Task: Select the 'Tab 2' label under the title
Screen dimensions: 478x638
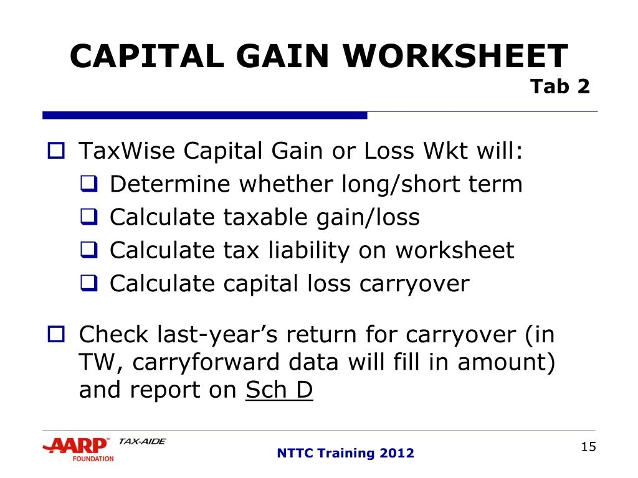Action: click(x=559, y=87)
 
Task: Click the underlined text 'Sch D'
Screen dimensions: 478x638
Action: click(x=279, y=390)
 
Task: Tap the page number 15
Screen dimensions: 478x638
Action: click(x=588, y=446)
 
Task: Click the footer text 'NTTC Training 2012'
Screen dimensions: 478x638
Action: click(x=345, y=453)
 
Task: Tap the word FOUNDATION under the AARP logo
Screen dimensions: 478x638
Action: click(x=93, y=459)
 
